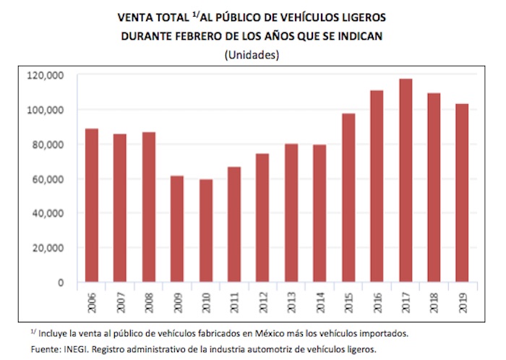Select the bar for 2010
pos(206,231)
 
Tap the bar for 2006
pos(92,205)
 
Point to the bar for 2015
pos(349,197)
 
